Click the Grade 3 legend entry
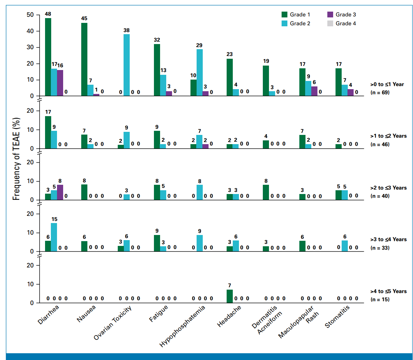coord(341,14)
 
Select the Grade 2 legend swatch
coord(284,23)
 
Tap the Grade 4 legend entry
coord(341,23)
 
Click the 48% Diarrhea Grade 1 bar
coord(48,57)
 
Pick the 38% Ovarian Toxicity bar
coord(127,65)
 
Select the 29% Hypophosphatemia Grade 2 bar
coord(199,72)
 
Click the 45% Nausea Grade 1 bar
coord(84,59)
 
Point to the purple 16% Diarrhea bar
coord(60,83)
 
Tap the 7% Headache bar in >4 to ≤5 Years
coord(230,296)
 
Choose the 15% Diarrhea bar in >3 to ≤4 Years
coord(54,237)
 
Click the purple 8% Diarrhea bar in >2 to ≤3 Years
coord(60,192)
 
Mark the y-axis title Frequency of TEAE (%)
coord(16,159)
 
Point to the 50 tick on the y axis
coord(30,15)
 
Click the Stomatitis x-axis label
coord(337,317)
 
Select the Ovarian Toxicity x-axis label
coord(113,323)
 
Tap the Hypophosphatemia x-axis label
coord(182,326)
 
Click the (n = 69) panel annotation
coord(380,93)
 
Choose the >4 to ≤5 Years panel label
coord(388,291)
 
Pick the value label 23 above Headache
coord(229,54)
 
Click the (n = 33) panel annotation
coord(380,248)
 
